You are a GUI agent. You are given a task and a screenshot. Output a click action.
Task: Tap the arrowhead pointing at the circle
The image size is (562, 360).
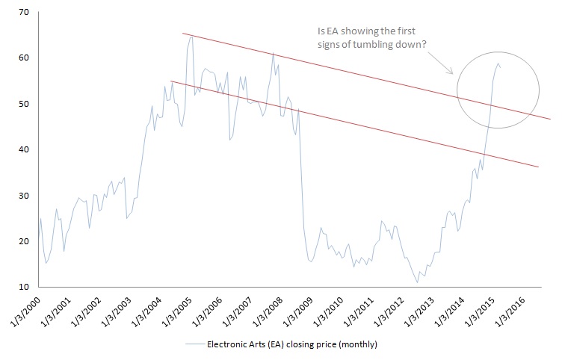point(451,73)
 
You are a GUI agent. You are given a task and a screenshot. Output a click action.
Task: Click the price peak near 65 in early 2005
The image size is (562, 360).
point(191,35)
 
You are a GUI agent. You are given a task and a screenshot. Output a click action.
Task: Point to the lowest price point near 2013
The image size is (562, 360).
point(418,282)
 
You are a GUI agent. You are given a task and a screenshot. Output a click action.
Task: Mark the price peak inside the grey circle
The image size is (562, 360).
point(498,63)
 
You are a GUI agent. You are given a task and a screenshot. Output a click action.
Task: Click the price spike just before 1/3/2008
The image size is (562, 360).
point(273,54)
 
